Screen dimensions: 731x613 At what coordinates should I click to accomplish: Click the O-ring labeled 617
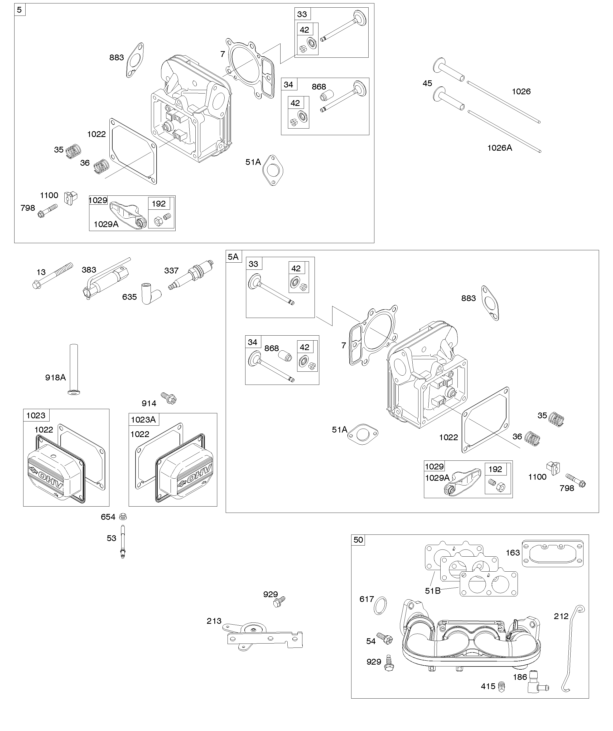coord(380,606)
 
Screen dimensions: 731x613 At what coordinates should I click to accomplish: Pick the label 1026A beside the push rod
coord(499,148)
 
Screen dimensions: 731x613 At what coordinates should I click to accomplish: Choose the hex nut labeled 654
coord(122,517)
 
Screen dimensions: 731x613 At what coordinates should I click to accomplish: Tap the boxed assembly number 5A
coord(233,257)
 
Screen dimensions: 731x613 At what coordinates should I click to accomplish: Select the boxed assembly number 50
coord(358,540)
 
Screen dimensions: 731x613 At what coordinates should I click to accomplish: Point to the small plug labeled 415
coord(501,686)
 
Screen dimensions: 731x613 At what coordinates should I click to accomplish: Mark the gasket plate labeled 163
coord(553,553)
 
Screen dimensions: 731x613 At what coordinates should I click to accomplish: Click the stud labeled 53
coord(122,541)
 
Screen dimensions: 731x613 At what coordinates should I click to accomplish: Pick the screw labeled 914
coord(169,398)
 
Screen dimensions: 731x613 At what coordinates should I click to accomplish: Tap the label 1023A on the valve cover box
coord(143,420)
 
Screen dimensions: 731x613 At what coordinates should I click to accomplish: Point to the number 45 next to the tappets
coord(427,84)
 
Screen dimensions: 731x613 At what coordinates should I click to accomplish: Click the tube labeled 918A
coord(74,369)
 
